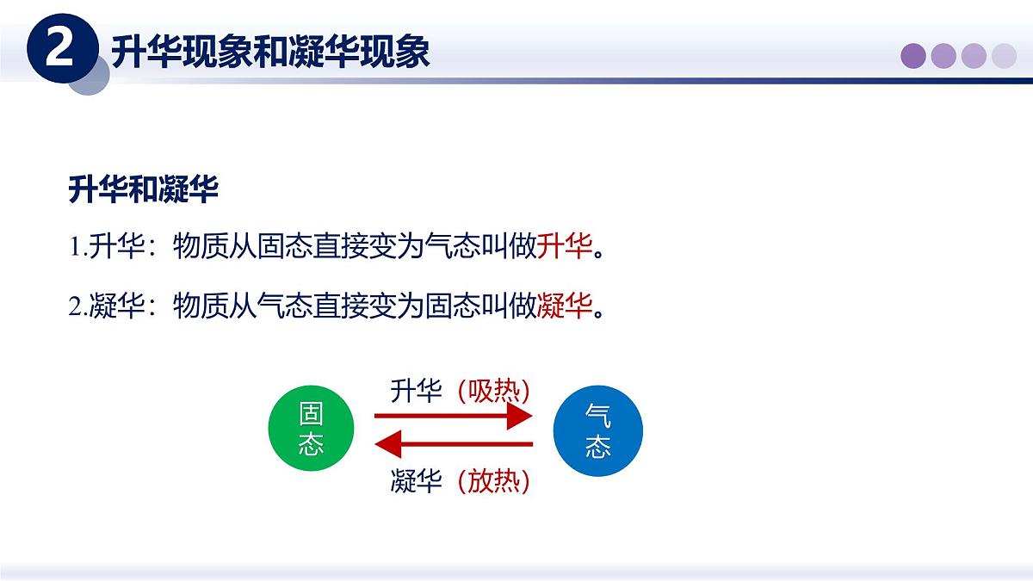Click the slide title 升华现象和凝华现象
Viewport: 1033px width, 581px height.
[270, 52]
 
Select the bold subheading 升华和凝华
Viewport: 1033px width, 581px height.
[143, 190]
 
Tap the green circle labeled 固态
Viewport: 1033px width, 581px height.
[311, 429]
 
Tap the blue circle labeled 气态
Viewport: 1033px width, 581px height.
[598, 429]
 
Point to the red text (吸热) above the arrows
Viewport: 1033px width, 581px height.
[493, 392]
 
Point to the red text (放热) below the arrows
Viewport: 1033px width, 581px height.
[493, 481]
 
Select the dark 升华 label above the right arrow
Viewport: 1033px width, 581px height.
[416, 392]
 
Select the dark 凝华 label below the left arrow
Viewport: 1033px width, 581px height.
[416, 481]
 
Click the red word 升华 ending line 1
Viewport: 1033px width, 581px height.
[565, 248]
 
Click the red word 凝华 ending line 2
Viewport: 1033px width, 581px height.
[565, 306]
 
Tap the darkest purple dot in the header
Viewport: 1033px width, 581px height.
[913, 56]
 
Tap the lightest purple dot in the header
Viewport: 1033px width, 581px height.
[1004, 56]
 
